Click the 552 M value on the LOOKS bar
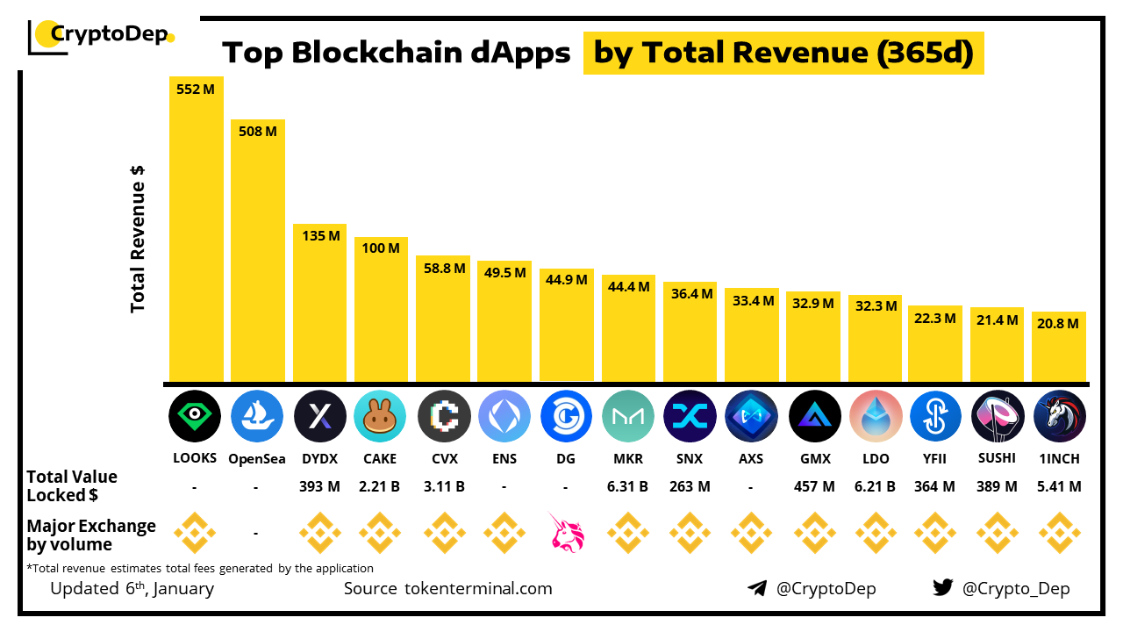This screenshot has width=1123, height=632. [196, 89]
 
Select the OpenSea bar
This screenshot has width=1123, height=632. [257, 255]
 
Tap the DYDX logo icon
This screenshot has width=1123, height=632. [319, 416]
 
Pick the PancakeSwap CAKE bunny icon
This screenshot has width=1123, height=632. [380, 416]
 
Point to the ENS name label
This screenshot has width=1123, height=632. [504, 458]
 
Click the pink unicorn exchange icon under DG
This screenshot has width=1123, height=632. [566, 533]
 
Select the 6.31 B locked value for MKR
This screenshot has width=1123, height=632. [628, 486]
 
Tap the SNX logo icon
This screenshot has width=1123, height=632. [690, 416]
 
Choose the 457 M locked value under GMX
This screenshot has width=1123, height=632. [813, 486]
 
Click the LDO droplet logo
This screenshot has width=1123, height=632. [876, 416]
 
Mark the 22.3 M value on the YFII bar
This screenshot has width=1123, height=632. [935, 318]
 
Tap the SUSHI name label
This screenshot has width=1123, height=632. [998, 458]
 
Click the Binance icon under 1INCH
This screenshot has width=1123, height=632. [1059, 533]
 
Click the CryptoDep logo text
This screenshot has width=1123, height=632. [108, 34]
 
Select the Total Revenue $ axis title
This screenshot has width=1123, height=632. [138, 239]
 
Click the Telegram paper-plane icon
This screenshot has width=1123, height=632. [757, 588]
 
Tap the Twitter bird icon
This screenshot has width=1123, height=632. [943, 588]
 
